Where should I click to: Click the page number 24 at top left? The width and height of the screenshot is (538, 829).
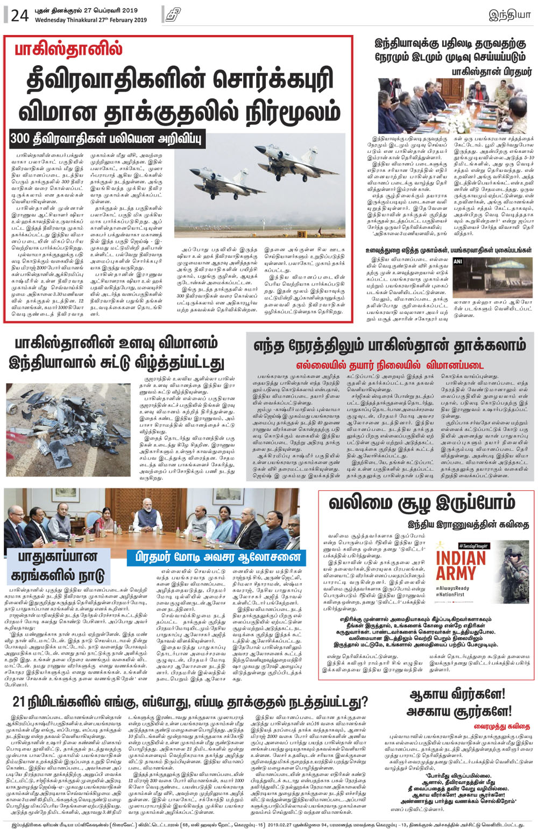pos(19,15)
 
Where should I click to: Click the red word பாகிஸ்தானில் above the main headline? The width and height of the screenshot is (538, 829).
pos(68,49)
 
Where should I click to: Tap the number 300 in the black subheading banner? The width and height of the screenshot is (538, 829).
pos(20,138)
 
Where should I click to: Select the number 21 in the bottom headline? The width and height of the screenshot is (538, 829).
pos(19,701)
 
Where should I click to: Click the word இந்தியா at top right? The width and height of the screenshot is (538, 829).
pos(509,15)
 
